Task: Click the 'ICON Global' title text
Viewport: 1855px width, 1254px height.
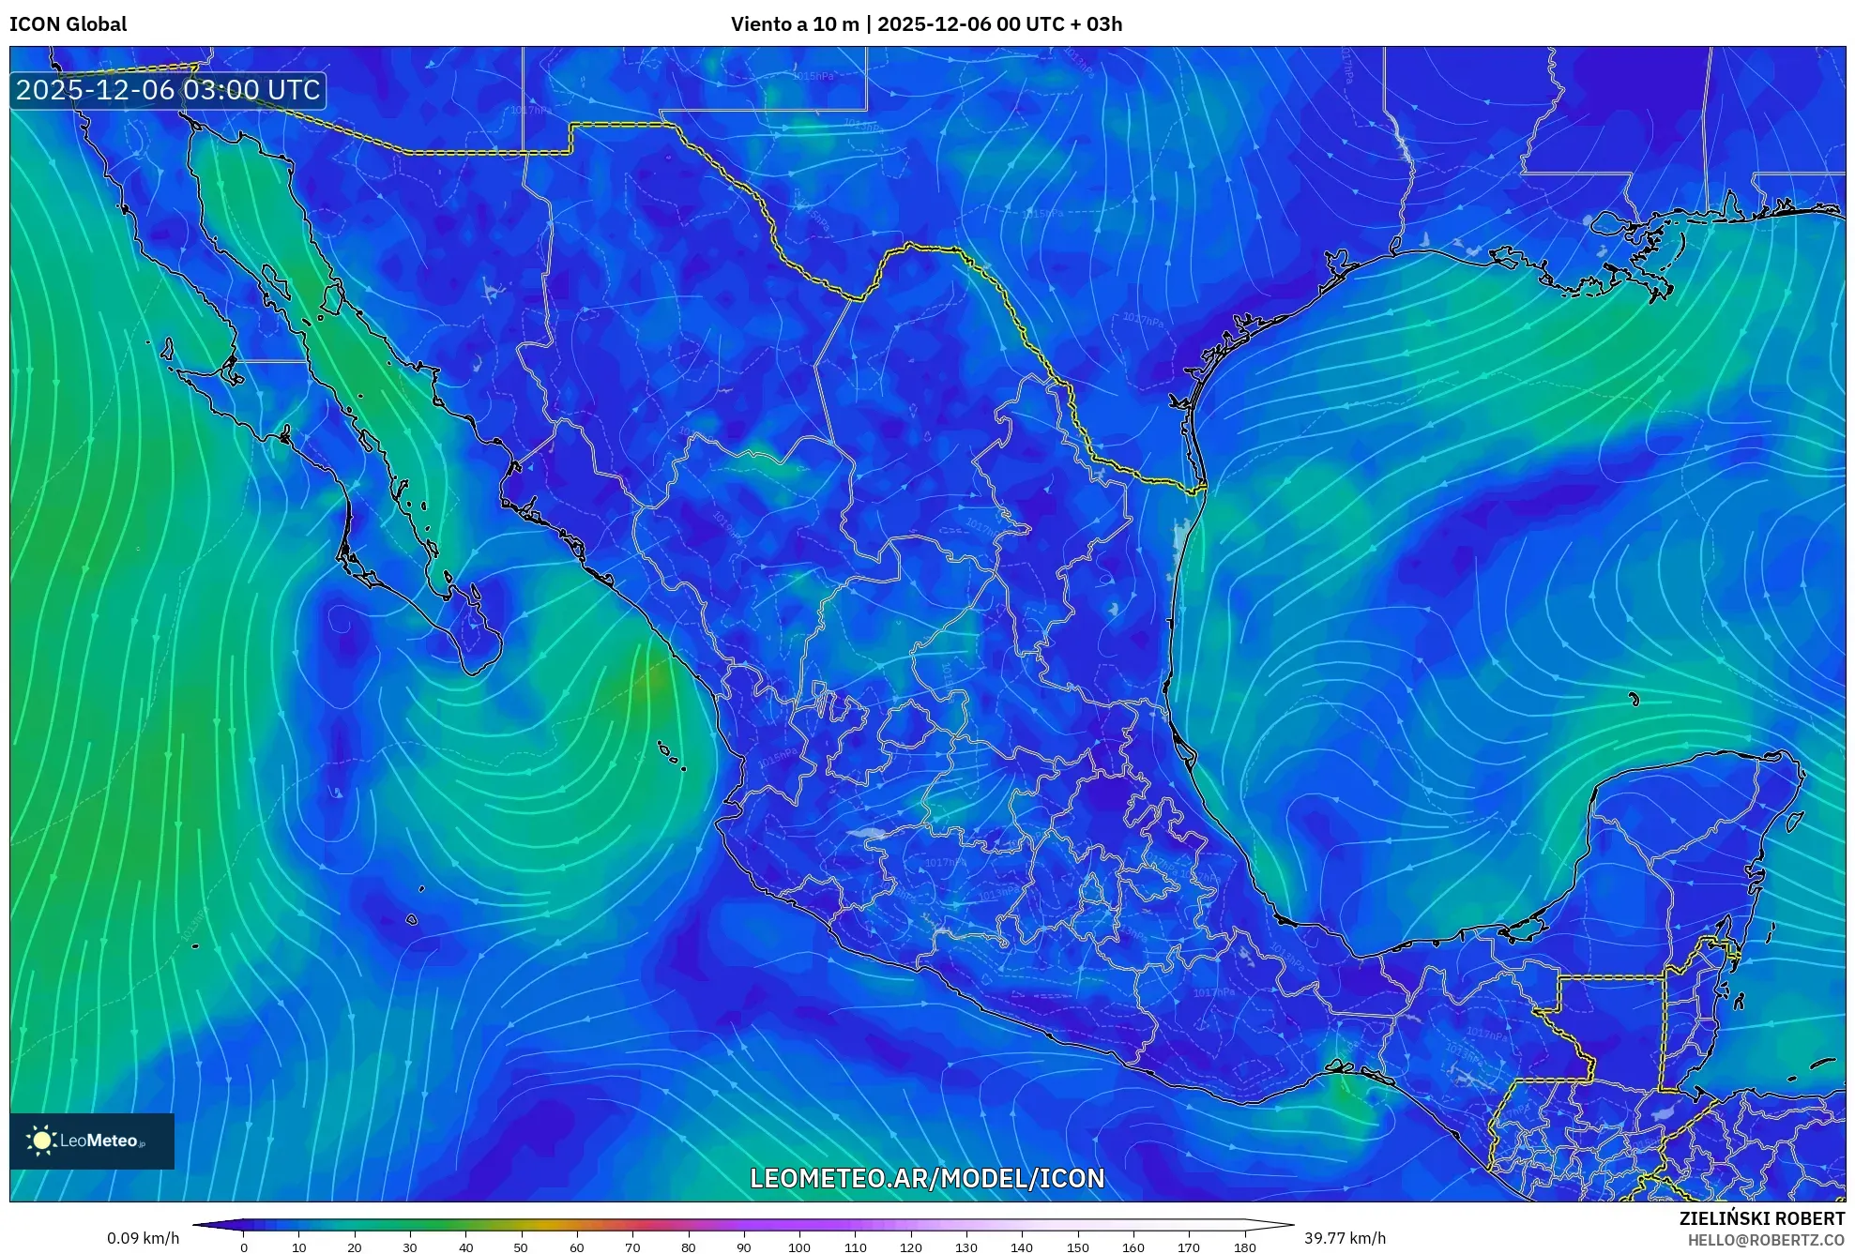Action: pyautogui.click(x=68, y=24)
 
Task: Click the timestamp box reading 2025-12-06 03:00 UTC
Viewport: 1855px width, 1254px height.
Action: pyautogui.click(x=168, y=90)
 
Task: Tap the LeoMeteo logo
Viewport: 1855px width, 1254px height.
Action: pyautogui.click(x=92, y=1141)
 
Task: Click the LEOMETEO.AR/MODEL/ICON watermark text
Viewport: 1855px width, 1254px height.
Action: pyautogui.click(x=927, y=1178)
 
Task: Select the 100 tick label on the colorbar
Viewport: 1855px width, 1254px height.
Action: pyautogui.click(x=798, y=1247)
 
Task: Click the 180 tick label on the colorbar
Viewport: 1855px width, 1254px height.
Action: pyautogui.click(x=1244, y=1247)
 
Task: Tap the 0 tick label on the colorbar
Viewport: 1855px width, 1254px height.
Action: pyautogui.click(x=244, y=1247)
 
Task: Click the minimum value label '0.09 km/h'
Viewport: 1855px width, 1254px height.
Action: pyautogui.click(x=143, y=1238)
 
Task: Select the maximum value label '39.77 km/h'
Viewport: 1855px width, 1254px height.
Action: pyautogui.click(x=1345, y=1238)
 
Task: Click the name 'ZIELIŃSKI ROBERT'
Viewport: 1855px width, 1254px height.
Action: pyautogui.click(x=1761, y=1218)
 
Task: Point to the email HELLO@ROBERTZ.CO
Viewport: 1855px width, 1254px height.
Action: pyautogui.click(x=1766, y=1240)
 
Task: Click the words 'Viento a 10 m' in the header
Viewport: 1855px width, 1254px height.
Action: pyautogui.click(x=795, y=24)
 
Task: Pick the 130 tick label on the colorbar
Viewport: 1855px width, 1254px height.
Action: pyautogui.click(x=966, y=1247)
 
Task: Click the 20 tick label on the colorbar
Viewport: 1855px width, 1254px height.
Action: pyautogui.click(x=354, y=1247)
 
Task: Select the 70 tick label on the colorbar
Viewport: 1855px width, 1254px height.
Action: pyautogui.click(x=631, y=1247)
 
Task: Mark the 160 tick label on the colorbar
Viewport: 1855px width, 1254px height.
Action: pyautogui.click(x=1133, y=1247)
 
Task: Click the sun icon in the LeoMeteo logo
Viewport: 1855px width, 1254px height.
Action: pyautogui.click(x=41, y=1141)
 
